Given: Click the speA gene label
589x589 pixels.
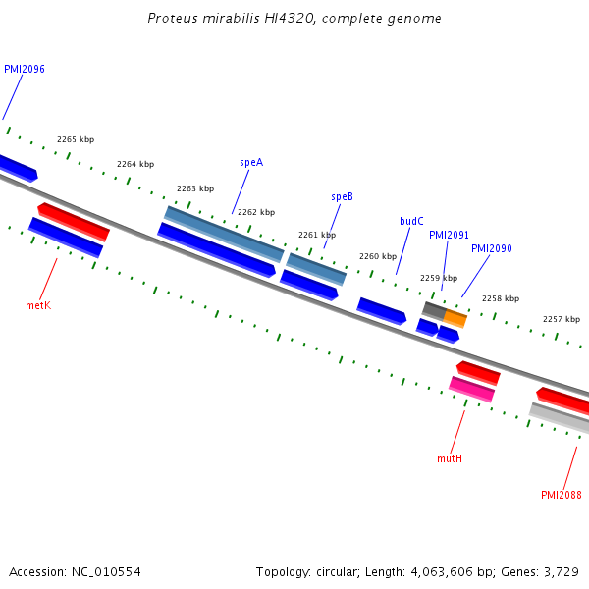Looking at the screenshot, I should click(251, 163).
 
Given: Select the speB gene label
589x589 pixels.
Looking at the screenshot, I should click(342, 196).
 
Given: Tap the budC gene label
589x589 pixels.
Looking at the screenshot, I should click(411, 222).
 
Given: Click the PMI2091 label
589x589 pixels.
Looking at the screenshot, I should click(449, 236).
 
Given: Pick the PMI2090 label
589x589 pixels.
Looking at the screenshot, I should click(491, 249).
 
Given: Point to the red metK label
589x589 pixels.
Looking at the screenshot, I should click(37, 305).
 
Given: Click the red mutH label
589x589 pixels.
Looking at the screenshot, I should click(449, 458).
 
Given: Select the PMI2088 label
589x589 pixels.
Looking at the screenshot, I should click(561, 495).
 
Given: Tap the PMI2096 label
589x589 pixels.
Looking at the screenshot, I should click(25, 70).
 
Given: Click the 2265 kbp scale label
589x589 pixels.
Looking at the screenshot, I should click(76, 140).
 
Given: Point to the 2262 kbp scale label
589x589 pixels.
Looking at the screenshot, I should click(256, 212).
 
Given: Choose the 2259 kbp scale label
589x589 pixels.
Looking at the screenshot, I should click(439, 279).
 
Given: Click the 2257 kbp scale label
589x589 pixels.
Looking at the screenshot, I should click(562, 320).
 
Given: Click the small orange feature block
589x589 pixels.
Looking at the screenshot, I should click(455, 318).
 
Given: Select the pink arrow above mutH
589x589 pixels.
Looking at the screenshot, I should click(471, 389).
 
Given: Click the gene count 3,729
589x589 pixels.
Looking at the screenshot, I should click(561, 571).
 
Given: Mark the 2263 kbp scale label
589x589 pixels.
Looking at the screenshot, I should click(195, 188).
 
